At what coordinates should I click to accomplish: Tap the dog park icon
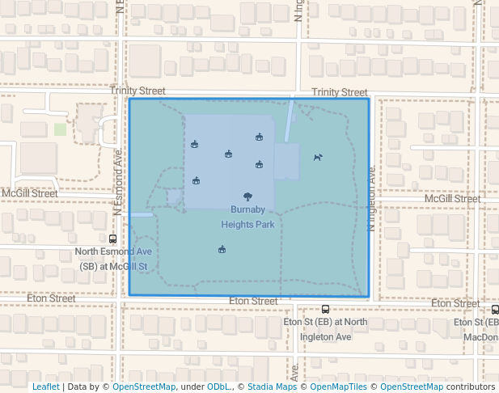click(x=318, y=158)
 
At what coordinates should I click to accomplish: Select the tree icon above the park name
click(x=247, y=196)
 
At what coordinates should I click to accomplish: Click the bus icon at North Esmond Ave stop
click(x=112, y=239)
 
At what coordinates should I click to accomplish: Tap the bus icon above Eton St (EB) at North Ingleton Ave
click(x=325, y=309)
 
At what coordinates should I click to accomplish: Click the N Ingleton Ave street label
click(x=372, y=199)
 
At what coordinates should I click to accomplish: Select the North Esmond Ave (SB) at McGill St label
click(x=113, y=258)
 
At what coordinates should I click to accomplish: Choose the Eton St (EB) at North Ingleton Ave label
click(x=325, y=328)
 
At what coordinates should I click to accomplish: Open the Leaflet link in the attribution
click(x=45, y=387)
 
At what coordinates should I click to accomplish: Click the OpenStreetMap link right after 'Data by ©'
click(x=144, y=387)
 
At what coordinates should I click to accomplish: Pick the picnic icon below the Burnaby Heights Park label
click(x=222, y=250)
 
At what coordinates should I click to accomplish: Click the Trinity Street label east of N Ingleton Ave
click(x=339, y=93)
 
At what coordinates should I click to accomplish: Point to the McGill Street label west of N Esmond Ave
click(x=29, y=194)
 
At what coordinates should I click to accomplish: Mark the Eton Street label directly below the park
click(x=253, y=301)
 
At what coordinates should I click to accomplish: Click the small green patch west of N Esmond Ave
click(x=60, y=129)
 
